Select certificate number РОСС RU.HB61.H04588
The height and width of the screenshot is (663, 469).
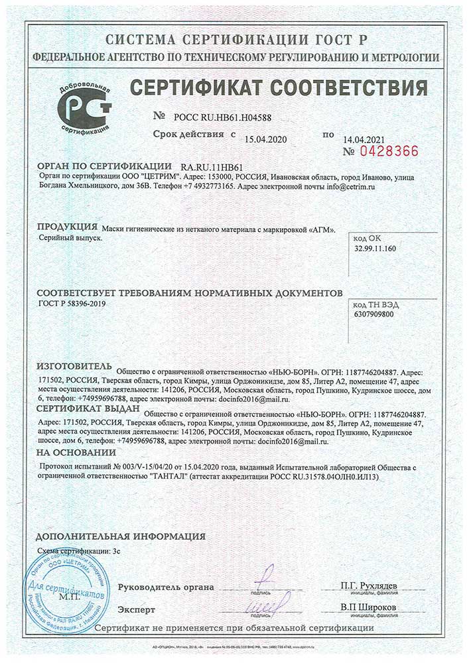coord(222,117)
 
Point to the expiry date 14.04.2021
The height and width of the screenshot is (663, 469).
coord(363,139)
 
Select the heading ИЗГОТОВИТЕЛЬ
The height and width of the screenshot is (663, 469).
coord(75,365)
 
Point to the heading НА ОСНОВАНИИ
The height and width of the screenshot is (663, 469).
coord(76,452)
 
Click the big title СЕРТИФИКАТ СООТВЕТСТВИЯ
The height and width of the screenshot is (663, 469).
coord(278,87)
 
